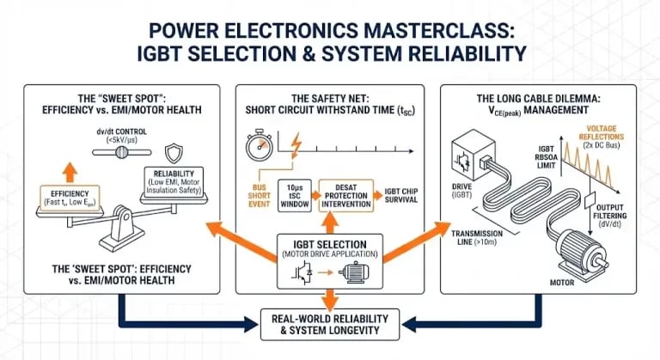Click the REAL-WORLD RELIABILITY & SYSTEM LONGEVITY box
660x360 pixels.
coord(330,324)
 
